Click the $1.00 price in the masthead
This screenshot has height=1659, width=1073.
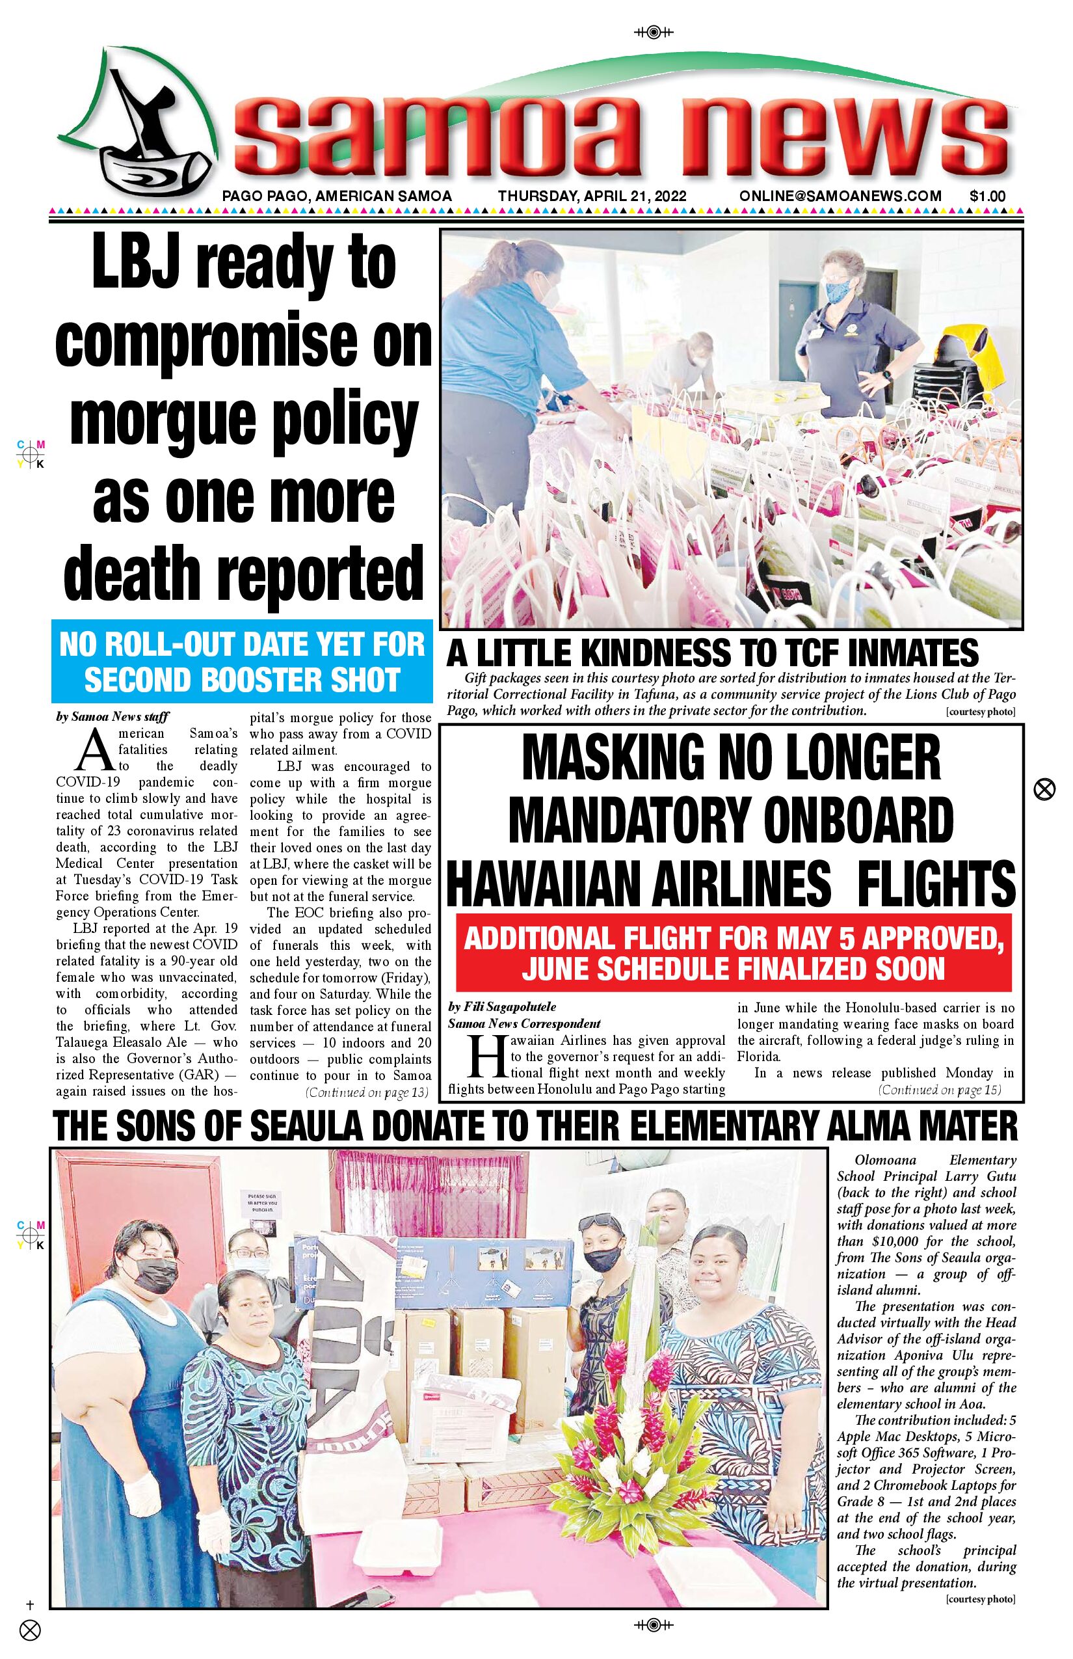(x=987, y=196)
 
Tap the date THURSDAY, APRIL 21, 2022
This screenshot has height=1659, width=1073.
(x=592, y=196)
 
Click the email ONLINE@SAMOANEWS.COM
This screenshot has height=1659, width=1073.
(x=840, y=196)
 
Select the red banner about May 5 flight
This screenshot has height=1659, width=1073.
(x=733, y=953)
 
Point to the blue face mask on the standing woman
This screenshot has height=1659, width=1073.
(x=838, y=292)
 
